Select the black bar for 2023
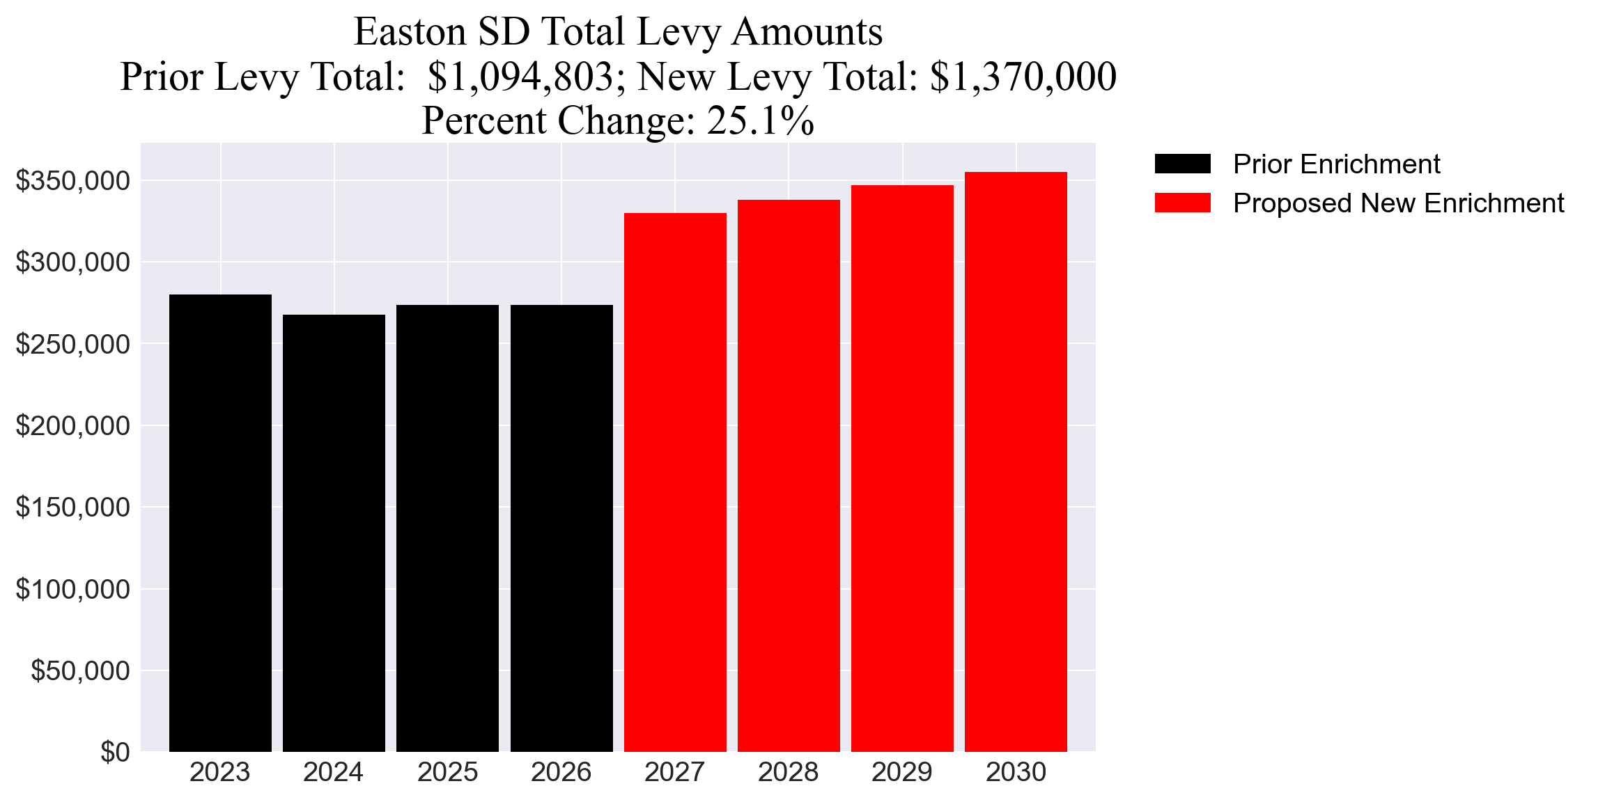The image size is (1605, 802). [x=220, y=522]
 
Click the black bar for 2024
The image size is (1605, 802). [x=334, y=533]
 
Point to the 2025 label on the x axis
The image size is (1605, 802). [x=447, y=772]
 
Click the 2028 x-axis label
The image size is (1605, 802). [x=788, y=772]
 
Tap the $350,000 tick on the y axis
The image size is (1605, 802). [x=72, y=181]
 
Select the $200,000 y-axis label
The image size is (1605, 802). [x=72, y=425]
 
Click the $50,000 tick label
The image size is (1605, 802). [x=80, y=670]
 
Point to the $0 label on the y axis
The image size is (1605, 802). [x=115, y=752]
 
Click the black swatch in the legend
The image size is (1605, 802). [x=1182, y=164]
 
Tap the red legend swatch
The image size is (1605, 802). [x=1182, y=203]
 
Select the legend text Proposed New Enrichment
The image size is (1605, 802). [x=1398, y=203]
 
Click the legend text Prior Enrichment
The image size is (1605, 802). [x=1336, y=164]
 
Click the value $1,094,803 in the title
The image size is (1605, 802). [x=520, y=77]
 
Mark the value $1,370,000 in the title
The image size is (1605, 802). [x=1023, y=77]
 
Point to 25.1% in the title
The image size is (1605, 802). [x=760, y=120]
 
